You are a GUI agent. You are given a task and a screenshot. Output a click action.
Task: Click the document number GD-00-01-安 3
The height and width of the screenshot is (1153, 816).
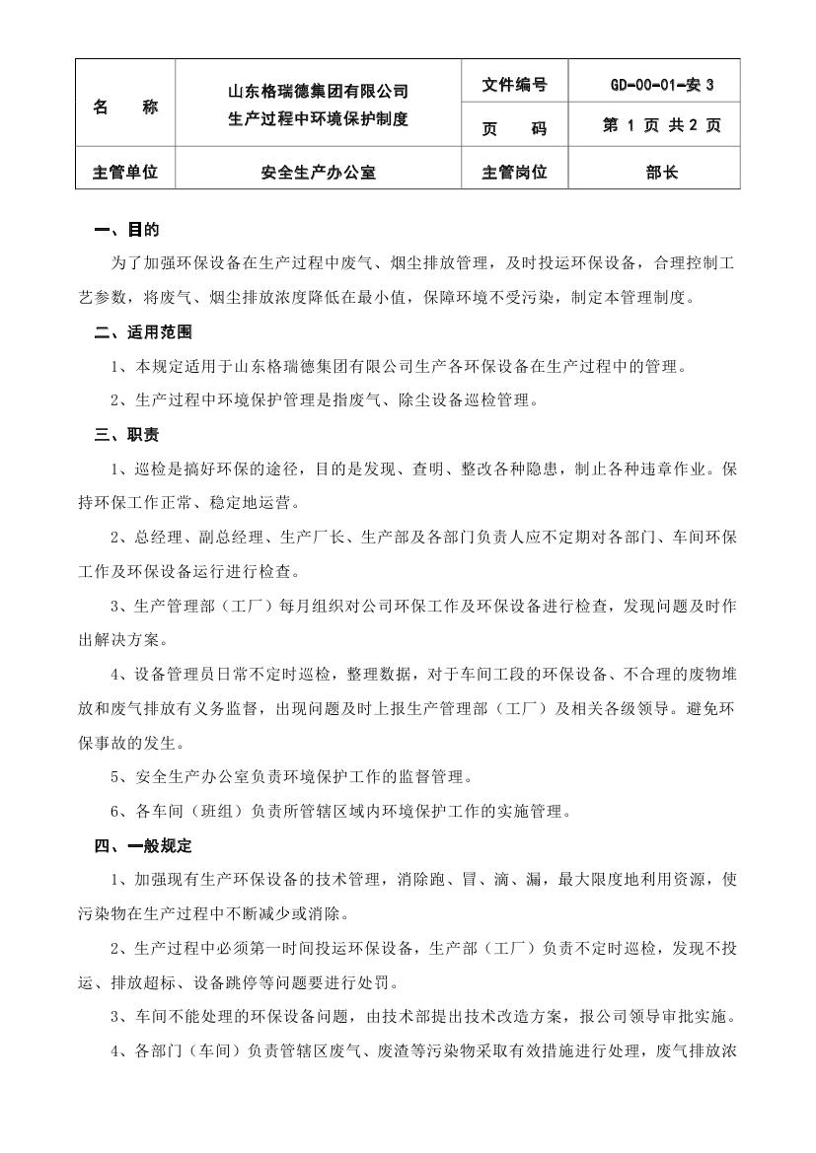coord(661,85)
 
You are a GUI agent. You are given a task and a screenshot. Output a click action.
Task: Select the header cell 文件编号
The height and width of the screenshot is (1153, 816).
coord(514,85)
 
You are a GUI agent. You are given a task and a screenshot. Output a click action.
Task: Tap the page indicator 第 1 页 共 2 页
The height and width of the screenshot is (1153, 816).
coord(661,126)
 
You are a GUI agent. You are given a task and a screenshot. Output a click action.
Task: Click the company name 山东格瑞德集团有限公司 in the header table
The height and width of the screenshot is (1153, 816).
coord(318,92)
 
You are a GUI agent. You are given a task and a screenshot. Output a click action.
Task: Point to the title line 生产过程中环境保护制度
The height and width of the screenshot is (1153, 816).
coord(318,119)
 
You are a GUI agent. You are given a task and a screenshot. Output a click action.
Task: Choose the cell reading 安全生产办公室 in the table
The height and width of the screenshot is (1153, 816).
coord(318,173)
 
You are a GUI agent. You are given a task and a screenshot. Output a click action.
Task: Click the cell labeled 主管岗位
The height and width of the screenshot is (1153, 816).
coord(514,173)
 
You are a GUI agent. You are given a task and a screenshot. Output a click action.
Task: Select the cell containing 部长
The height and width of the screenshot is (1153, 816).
coord(661,173)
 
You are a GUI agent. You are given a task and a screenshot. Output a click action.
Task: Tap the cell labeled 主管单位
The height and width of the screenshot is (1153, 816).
coord(125,173)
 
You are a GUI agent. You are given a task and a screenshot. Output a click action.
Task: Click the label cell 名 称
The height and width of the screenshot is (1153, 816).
coord(125,107)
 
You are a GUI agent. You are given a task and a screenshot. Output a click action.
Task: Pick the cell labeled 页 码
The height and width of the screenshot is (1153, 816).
coord(514,128)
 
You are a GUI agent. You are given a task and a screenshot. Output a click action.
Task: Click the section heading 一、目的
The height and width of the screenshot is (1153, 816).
coord(126,231)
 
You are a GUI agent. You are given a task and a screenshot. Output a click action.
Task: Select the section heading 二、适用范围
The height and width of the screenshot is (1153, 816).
coord(143,332)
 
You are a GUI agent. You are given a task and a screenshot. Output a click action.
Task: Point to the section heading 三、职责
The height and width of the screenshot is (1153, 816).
coord(126,435)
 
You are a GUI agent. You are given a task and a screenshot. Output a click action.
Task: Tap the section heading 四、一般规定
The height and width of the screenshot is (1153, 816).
coord(143,845)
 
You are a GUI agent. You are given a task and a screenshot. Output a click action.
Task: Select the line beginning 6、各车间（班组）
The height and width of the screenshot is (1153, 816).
coord(341,812)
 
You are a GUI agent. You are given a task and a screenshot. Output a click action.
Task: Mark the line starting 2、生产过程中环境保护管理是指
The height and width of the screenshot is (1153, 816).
coord(325,400)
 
